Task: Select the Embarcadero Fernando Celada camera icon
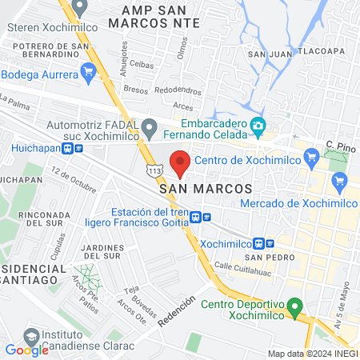point(258,126)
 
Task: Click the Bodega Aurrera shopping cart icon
point(89,74)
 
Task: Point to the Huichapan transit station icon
point(78,148)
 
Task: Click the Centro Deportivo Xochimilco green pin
point(294,306)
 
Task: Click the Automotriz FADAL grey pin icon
point(149,126)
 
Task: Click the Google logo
point(26,350)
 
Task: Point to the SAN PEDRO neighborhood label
point(266,258)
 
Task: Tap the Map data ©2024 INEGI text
point(313,353)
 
